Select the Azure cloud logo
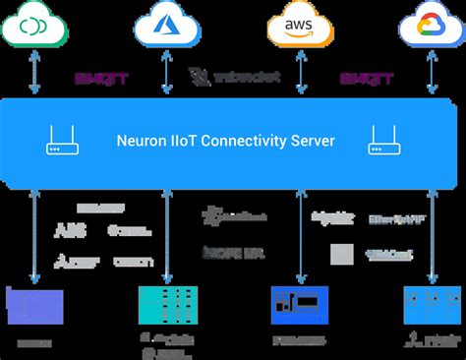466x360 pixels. coord(166,25)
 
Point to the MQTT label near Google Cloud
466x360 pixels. coord(360,77)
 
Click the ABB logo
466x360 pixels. coord(71,231)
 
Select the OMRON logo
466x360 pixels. coord(133,262)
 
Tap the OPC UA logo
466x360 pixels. coord(233,253)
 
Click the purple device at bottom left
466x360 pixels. coord(34,304)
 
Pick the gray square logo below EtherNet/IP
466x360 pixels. coord(341,255)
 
